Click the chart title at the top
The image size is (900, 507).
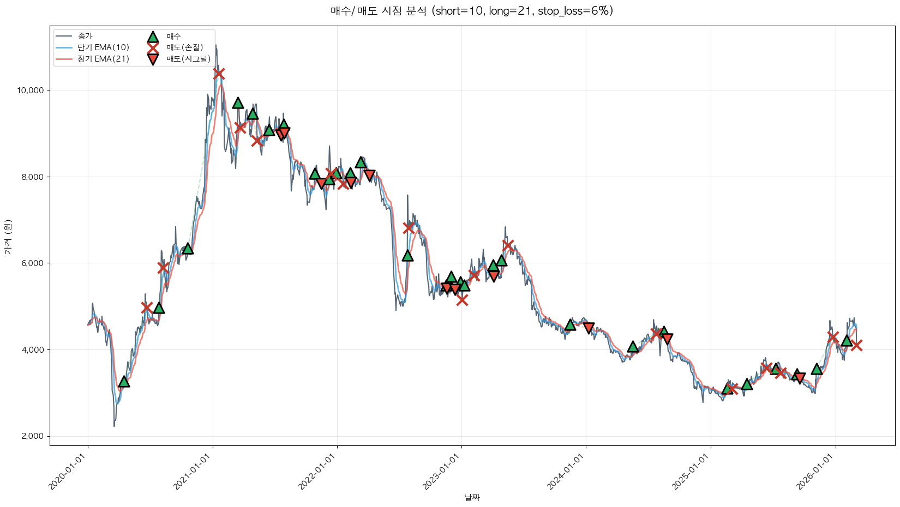(472, 11)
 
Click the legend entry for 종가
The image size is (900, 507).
(85, 36)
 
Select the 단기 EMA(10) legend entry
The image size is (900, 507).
(103, 47)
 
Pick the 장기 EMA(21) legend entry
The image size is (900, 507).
(103, 59)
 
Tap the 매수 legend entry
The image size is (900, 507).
(173, 37)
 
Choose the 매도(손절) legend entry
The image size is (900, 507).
(184, 47)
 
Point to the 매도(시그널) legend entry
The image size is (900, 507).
(188, 59)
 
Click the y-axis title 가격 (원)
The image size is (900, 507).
(8, 237)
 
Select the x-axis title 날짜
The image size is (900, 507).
(472, 497)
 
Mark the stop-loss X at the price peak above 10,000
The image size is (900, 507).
(219, 74)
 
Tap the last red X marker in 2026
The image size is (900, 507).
(856, 345)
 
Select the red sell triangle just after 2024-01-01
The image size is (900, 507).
(589, 328)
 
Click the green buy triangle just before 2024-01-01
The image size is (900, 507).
(570, 325)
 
